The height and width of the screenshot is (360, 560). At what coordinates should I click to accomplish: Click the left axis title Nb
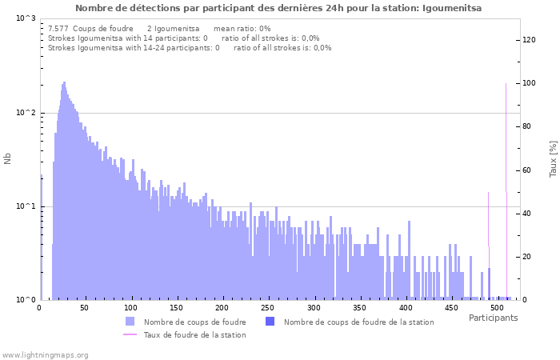coord(8,158)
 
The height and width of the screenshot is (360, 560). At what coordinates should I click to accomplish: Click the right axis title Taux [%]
coord(552,158)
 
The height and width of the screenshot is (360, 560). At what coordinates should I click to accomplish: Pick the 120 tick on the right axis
coord(529,40)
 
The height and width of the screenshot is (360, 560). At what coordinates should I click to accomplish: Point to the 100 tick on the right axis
coord(529,83)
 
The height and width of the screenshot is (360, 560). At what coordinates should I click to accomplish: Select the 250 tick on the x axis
coord(268,308)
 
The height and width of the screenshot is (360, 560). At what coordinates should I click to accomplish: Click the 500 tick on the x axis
coord(497,308)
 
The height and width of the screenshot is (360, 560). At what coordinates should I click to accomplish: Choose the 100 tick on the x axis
coord(131,308)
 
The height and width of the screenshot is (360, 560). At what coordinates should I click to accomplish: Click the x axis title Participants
coord(493,318)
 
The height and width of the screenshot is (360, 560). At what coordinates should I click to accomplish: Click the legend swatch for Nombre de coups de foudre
coord(130,322)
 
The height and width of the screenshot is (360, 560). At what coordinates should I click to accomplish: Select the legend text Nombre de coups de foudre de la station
coord(358,322)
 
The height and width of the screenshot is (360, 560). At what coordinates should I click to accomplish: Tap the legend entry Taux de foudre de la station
coord(194,334)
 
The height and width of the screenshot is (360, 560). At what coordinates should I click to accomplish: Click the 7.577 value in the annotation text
coord(58,28)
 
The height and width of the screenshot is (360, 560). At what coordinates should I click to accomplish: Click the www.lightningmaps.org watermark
coord(45,354)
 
